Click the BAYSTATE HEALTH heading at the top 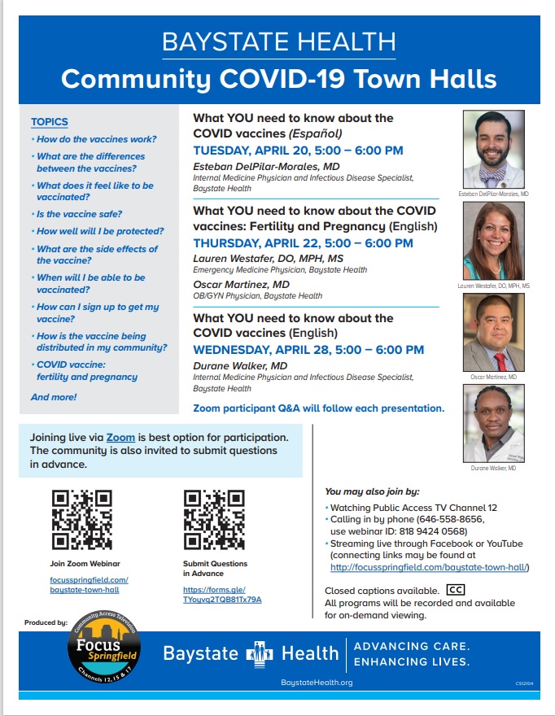pyautogui.click(x=278, y=41)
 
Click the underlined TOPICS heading pyautogui.click(x=49, y=122)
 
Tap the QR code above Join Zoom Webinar pyautogui.click(x=81, y=519)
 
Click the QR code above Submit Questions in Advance pyautogui.click(x=214, y=519)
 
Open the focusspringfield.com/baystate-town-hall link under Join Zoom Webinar pyautogui.click(x=89, y=583)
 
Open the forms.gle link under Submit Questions pyautogui.click(x=222, y=594)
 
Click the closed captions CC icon pyautogui.click(x=456, y=590)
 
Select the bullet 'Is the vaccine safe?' pyautogui.click(x=80, y=214)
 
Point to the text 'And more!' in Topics pyautogui.click(x=54, y=397)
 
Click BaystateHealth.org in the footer pyautogui.click(x=316, y=682)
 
